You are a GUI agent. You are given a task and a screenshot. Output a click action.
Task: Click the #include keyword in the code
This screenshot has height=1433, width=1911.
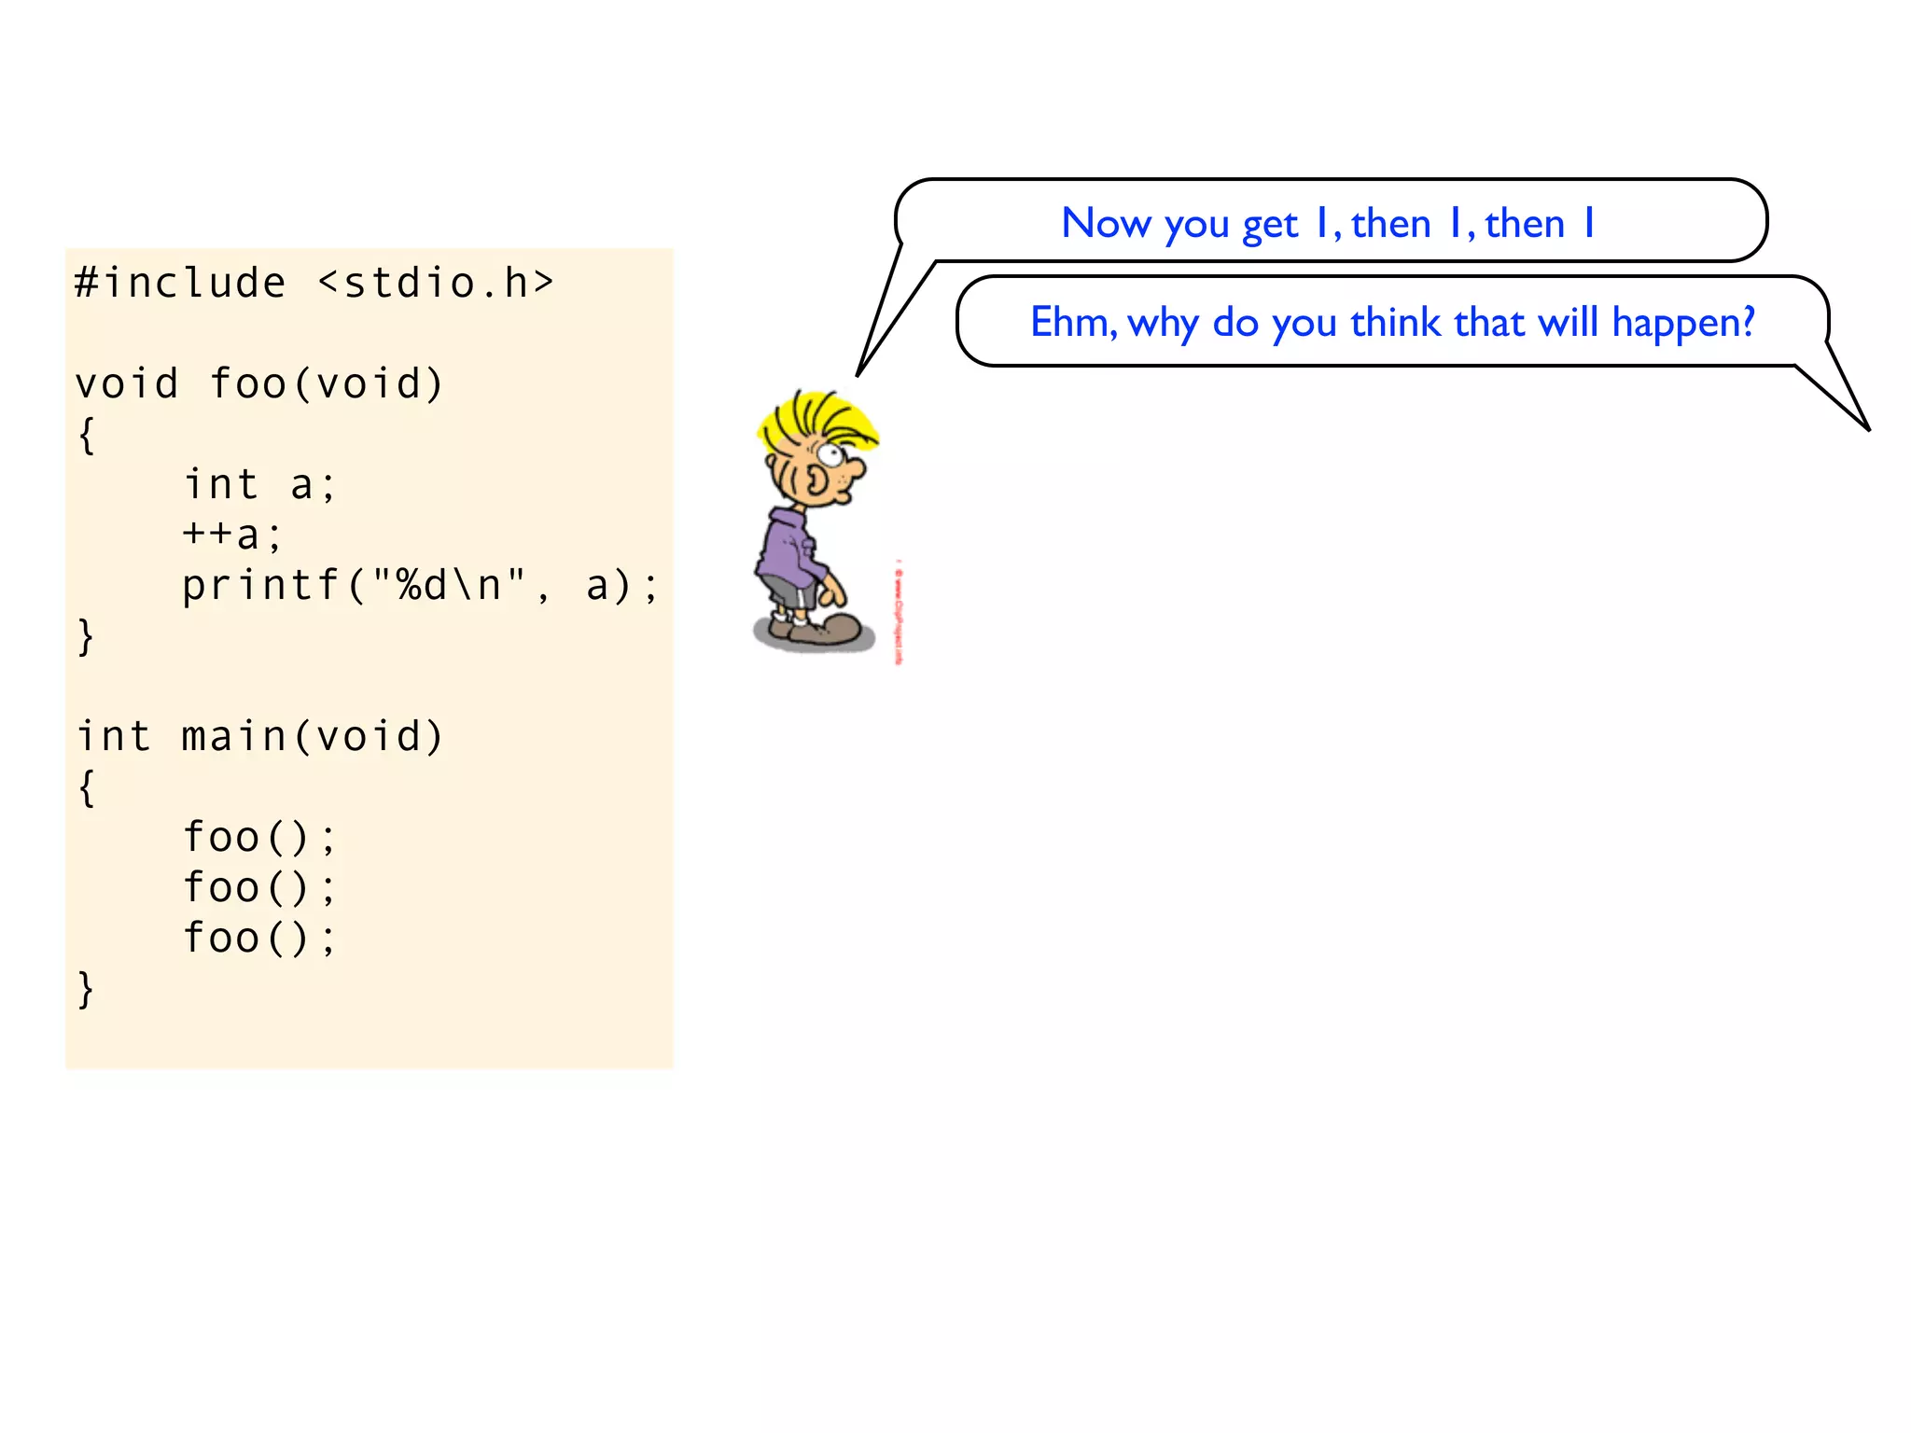180,283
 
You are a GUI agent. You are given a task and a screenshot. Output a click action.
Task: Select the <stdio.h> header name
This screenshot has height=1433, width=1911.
436,283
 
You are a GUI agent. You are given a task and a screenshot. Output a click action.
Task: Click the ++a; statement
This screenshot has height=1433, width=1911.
231,535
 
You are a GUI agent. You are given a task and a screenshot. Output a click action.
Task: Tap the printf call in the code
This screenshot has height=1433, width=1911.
260,586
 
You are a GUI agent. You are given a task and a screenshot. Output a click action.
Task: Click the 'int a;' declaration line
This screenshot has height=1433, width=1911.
259,484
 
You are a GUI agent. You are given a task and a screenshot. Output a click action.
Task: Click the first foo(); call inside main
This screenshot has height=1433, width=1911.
258,837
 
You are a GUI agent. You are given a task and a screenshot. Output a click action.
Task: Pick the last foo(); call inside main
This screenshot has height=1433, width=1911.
258,938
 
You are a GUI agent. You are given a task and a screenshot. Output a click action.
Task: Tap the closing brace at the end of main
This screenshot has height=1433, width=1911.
86,989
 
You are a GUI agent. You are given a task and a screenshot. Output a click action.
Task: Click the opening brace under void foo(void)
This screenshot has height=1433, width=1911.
86,435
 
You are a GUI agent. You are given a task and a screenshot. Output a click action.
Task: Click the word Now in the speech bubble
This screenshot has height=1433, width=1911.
1107,224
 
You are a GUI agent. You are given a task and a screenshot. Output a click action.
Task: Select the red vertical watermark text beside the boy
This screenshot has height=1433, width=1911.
899,612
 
